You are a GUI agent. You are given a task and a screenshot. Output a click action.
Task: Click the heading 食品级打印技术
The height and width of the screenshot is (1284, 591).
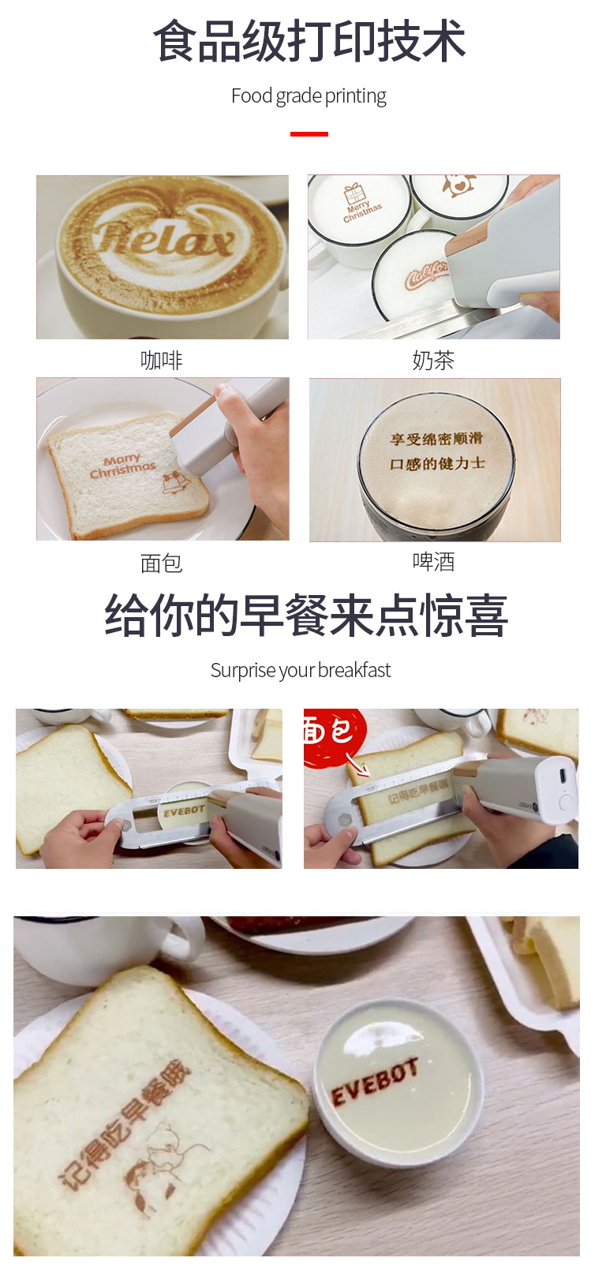point(309,42)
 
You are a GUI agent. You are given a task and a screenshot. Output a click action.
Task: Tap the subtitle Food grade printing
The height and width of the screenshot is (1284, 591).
point(309,96)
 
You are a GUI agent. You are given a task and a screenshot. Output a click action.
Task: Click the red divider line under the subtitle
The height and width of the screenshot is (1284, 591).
point(309,134)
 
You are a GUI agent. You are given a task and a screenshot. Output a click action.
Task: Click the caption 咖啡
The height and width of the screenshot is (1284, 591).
point(162,361)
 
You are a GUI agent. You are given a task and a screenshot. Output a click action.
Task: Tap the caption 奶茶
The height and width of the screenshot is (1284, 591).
point(433,361)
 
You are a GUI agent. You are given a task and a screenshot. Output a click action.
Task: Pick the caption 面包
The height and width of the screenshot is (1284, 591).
point(162,563)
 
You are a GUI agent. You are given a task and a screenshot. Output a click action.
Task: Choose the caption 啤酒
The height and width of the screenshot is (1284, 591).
point(433,562)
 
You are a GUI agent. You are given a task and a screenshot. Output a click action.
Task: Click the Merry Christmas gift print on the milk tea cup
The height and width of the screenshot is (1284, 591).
point(361,204)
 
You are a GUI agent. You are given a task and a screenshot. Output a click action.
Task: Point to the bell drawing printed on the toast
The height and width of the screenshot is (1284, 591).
point(175,482)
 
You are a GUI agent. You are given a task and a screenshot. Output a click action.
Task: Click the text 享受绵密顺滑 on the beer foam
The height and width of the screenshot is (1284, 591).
point(436,439)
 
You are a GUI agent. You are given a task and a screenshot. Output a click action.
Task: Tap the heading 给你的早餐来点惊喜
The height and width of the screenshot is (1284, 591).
point(306,616)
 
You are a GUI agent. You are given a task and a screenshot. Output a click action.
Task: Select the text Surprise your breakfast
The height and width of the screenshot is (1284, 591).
point(300,670)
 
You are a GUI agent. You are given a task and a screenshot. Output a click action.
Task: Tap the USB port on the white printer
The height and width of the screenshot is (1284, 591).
point(562,773)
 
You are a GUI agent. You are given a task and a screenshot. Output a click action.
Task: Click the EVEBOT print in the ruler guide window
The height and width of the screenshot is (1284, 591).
point(183,810)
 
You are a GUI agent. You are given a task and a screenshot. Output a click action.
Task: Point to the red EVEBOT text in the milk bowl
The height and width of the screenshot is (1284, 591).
point(374,1082)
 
